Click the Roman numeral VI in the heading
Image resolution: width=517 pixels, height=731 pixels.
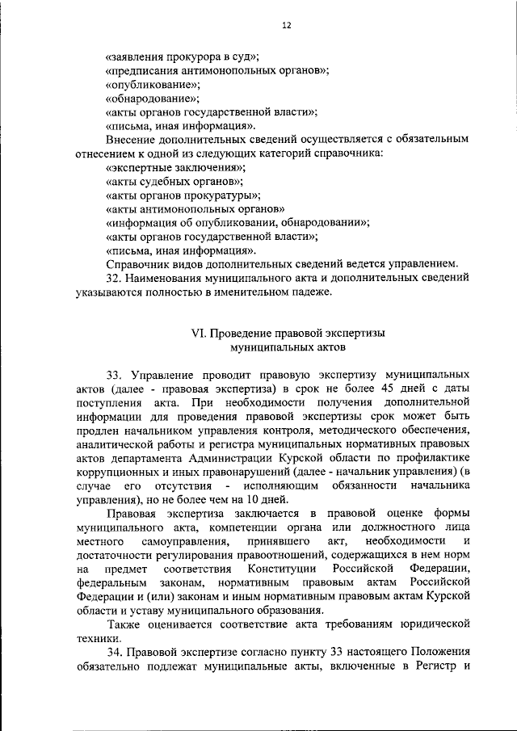pos(194,334)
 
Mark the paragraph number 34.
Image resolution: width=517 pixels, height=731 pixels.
pos(115,652)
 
